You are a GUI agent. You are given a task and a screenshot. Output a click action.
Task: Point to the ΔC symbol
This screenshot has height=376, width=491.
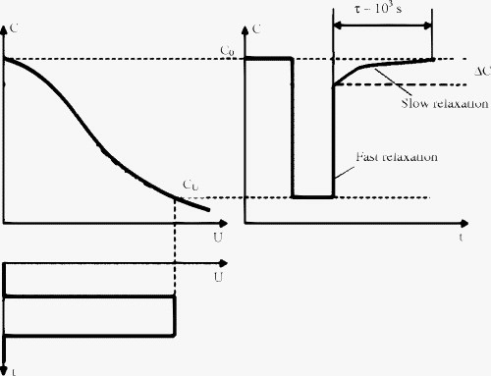click(481, 71)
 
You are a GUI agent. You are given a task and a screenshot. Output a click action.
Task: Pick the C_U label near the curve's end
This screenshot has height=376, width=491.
click(191, 185)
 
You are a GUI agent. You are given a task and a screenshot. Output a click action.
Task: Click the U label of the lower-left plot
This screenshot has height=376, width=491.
click(216, 278)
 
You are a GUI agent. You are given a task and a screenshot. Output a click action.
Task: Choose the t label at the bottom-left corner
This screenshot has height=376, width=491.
click(4, 369)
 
